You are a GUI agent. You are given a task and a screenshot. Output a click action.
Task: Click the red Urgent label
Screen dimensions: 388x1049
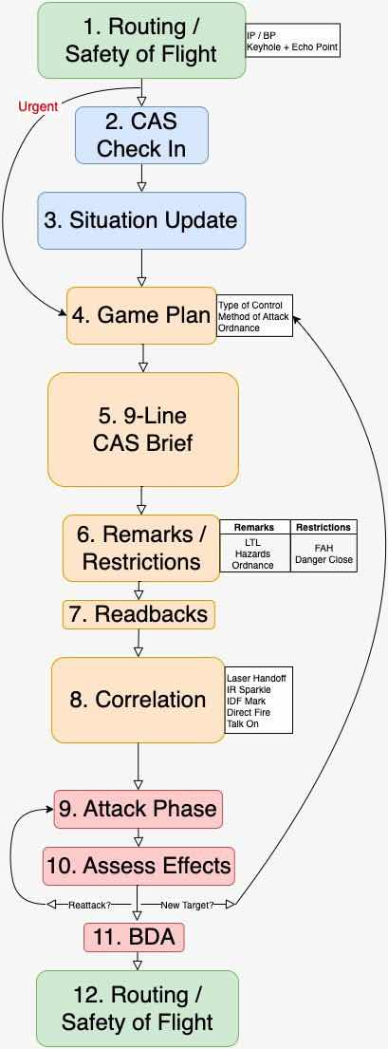tap(37, 107)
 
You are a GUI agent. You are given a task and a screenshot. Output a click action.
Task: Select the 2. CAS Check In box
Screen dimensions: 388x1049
tap(141, 135)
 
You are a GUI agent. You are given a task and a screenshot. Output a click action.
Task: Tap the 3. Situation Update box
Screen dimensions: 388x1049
tap(141, 221)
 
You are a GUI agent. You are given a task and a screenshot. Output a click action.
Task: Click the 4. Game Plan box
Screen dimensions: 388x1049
tap(141, 315)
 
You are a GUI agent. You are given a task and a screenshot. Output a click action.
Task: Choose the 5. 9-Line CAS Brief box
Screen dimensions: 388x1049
tap(143, 429)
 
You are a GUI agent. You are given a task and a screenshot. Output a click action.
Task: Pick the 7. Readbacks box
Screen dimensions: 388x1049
tap(139, 614)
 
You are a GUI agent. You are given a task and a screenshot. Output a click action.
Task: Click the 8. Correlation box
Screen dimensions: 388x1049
tap(138, 700)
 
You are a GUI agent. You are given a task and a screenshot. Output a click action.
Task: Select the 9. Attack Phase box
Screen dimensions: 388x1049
tap(138, 809)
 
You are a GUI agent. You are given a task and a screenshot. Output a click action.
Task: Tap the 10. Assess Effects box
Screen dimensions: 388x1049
tap(139, 866)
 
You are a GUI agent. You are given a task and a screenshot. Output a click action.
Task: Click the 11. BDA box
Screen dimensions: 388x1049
tap(134, 937)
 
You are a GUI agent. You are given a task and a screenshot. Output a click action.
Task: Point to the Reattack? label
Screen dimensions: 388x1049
tap(88, 905)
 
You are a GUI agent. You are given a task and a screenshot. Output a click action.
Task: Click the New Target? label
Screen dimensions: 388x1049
tap(187, 905)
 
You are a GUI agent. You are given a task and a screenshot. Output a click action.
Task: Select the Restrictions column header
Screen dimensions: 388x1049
tap(323, 527)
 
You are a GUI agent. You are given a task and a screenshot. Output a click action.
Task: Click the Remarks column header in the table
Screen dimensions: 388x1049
tap(254, 527)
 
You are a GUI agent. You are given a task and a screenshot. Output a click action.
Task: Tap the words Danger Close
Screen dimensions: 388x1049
tap(323, 559)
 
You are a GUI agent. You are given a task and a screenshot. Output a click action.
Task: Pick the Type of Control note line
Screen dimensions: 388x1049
tap(250, 305)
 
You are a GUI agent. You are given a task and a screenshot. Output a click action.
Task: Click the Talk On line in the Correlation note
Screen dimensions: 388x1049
tap(242, 724)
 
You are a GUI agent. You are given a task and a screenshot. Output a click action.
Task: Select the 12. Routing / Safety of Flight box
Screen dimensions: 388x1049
tap(138, 1009)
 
